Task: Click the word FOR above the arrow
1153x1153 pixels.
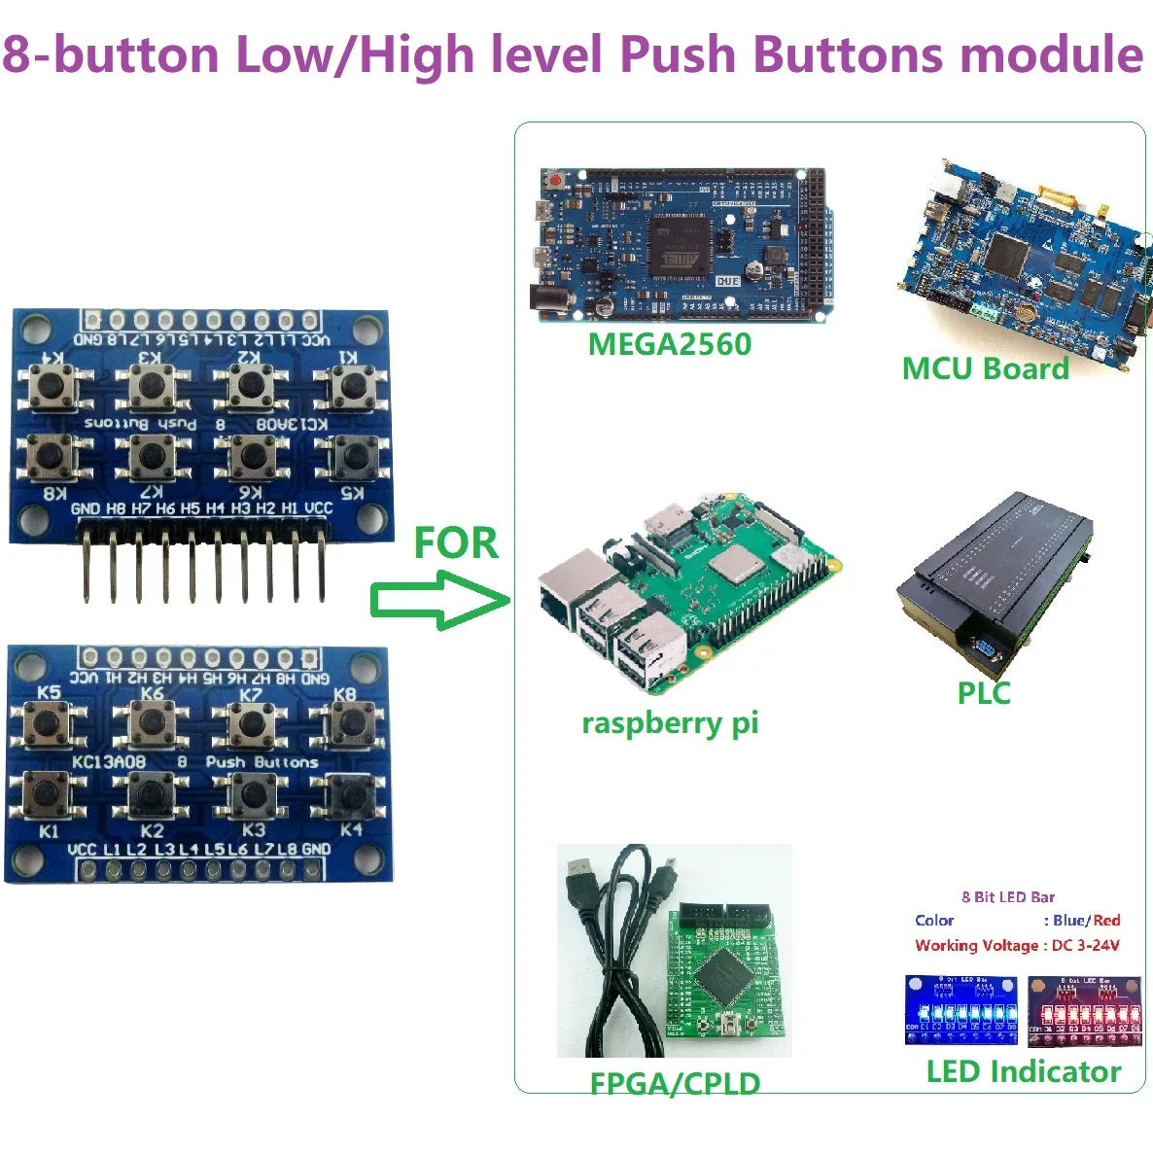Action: [455, 542]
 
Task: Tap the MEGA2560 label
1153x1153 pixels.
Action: [669, 344]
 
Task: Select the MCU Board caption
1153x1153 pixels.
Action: [985, 368]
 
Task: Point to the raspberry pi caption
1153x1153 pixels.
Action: [669, 723]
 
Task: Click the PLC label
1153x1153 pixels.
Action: [983, 693]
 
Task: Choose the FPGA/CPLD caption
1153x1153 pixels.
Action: [675, 1083]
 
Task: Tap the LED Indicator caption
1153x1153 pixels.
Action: [1023, 1071]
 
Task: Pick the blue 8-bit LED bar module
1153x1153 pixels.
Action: [961, 1009]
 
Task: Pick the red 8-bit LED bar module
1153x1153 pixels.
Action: [1084, 1009]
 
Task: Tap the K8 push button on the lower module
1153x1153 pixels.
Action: [347, 724]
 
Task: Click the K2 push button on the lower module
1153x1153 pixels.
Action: [152, 794]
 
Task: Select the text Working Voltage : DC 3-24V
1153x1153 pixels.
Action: [1016, 945]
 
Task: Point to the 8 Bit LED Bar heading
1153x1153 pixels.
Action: [1008, 896]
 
